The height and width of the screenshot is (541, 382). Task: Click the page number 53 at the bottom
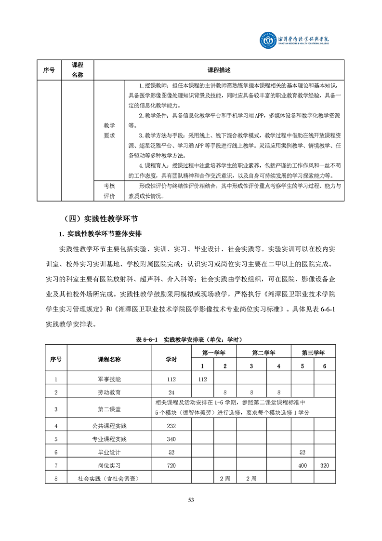point(191,500)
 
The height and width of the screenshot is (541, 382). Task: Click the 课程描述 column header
point(219,70)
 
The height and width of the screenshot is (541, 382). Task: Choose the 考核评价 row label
point(109,190)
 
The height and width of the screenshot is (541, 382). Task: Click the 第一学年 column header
point(214,352)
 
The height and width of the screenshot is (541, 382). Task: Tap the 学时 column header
point(171,359)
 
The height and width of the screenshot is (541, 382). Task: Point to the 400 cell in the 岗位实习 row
point(303,465)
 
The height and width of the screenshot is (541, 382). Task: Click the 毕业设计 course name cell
point(109,452)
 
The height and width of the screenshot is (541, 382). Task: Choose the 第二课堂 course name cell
point(109,409)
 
